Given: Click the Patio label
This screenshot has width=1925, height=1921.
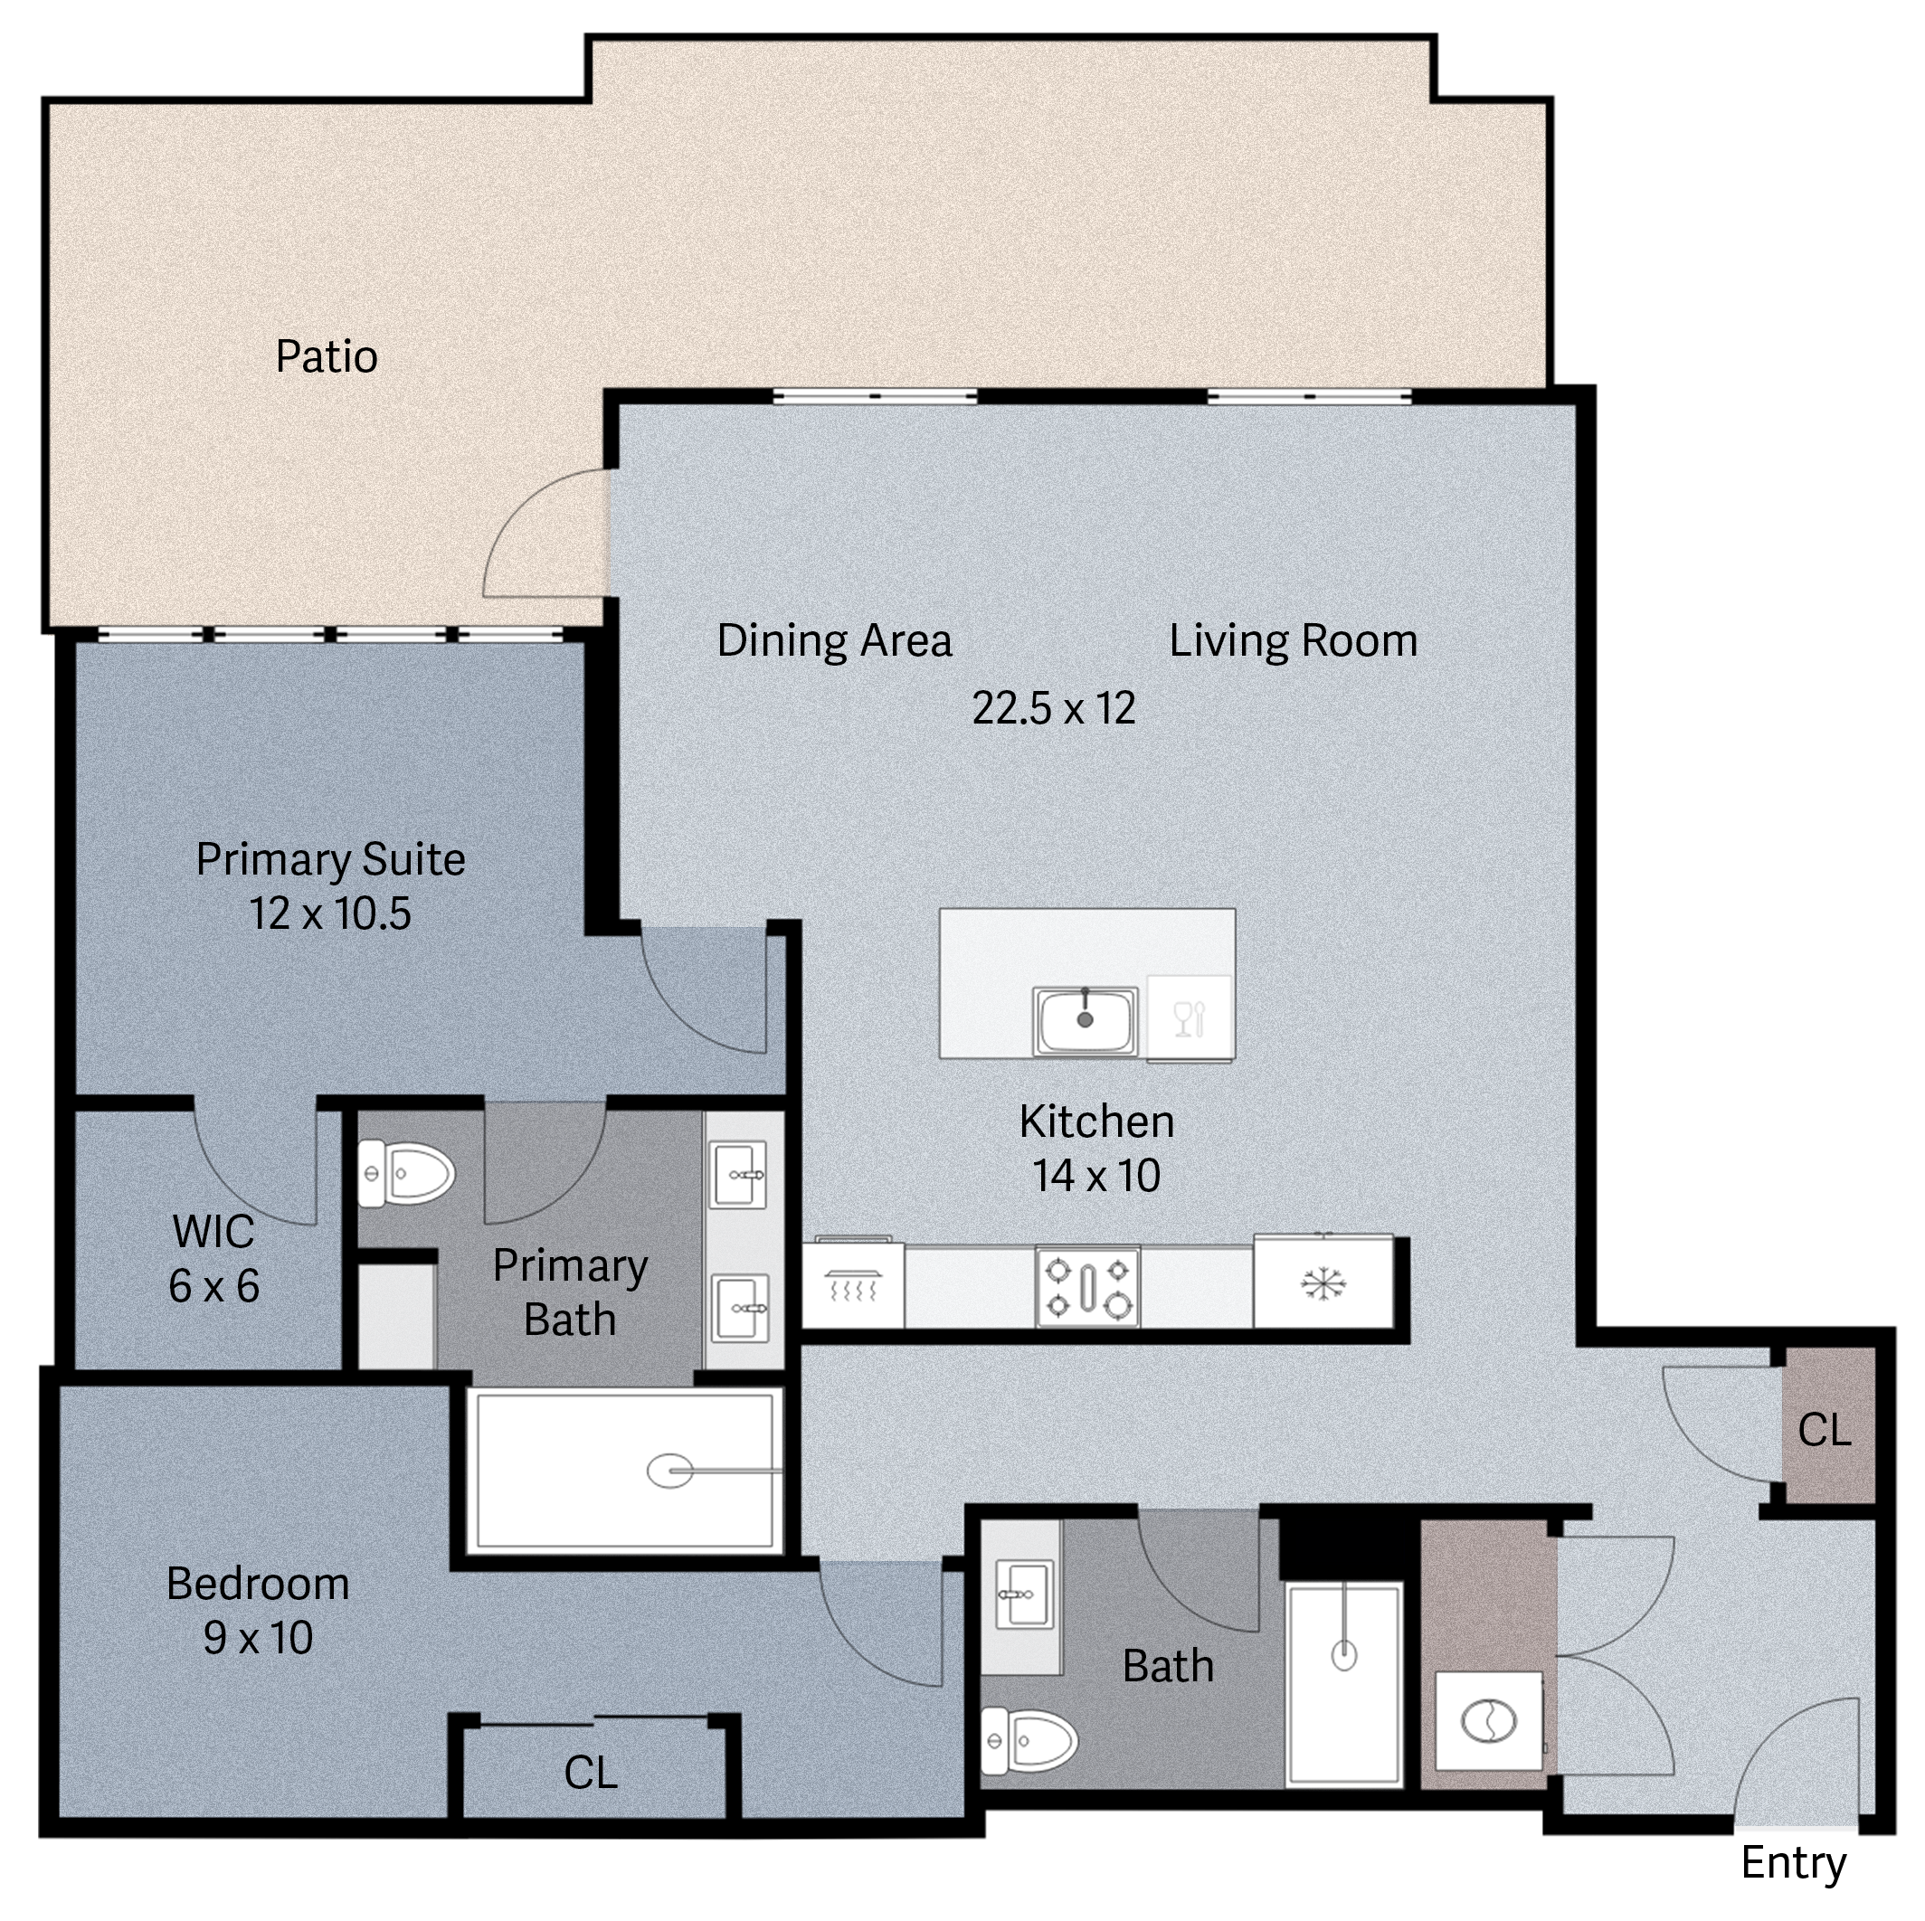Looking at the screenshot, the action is [327, 356].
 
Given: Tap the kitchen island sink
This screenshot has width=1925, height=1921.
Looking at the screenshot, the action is [1085, 1020].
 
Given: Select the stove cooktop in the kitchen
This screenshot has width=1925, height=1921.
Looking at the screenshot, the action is [1088, 1286].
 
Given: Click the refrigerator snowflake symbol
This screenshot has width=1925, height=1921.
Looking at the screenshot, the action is [1323, 1283].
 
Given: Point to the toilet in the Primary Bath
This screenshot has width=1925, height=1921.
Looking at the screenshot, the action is [406, 1174].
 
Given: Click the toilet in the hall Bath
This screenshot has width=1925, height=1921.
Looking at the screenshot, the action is [1029, 1741].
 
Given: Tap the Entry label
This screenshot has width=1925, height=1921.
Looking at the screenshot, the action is [1794, 1862].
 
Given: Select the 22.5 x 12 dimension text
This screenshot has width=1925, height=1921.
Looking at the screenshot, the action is [1053, 708].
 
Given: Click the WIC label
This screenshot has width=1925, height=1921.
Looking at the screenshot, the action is [213, 1232].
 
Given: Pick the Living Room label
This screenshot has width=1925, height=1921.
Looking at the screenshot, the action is [1294, 640].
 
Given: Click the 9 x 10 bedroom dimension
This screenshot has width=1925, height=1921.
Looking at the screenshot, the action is [258, 1638].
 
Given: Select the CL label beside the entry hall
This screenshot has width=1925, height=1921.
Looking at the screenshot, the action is [1825, 1431].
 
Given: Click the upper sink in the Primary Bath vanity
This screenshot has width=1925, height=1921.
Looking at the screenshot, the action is [739, 1175].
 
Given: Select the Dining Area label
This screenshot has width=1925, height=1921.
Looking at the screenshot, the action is [834, 640].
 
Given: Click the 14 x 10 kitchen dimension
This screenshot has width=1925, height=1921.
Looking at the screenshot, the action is [1096, 1176].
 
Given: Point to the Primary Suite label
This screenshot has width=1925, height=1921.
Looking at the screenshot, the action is [331, 860].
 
